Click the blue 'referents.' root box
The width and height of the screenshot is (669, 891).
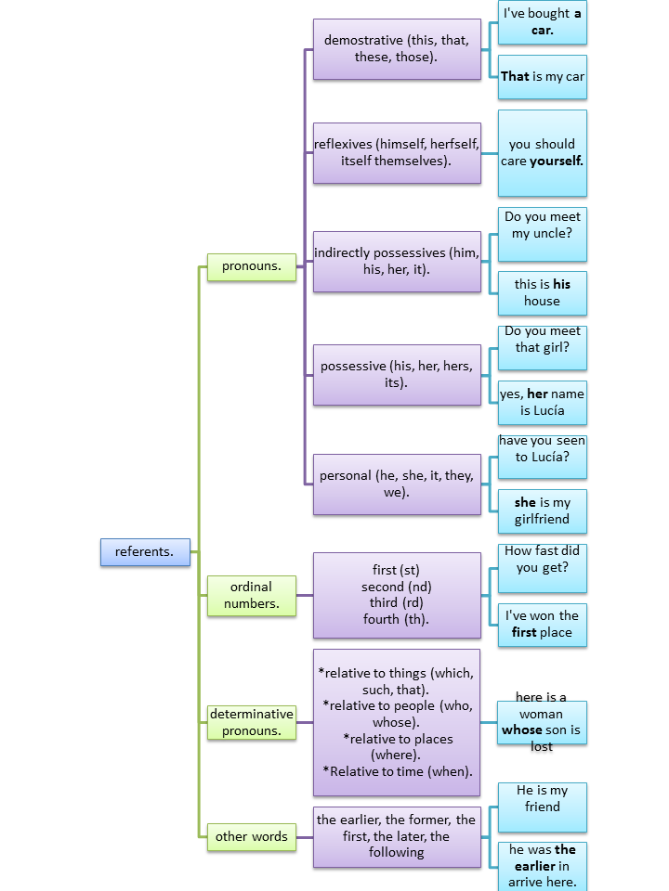(x=145, y=552)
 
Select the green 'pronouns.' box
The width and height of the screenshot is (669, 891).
(x=251, y=267)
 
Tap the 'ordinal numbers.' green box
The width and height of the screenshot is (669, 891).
(x=251, y=595)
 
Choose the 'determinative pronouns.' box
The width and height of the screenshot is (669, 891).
(x=251, y=722)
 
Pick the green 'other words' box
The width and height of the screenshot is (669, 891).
(x=251, y=836)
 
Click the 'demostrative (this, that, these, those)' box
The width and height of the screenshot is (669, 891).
(x=397, y=49)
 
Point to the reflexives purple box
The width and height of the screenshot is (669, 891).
(x=397, y=153)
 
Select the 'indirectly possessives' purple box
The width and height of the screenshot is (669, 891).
(x=397, y=262)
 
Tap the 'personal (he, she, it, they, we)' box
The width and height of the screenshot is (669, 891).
(x=397, y=484)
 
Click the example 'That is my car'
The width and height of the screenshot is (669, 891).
(x=543, y=77)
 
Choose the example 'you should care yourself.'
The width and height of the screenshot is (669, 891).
(x=543, y=153)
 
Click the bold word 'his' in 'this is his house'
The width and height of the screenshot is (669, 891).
(x=562, y=285)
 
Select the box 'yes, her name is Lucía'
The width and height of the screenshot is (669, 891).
(x=543, y=402)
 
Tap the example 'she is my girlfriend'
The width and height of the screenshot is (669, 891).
(x=543, y=511)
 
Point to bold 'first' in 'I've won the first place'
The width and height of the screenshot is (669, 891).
(x=524, y=632)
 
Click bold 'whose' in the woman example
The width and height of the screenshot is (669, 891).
(x=521, y=730)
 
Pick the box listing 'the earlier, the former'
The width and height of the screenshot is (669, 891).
(x=397, y=836)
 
